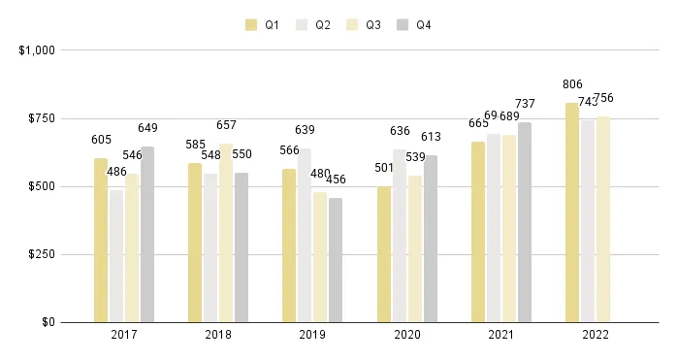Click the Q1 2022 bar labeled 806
572,213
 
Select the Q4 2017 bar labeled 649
147,234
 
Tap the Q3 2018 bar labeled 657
226,233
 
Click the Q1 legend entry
262,25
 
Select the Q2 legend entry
312,25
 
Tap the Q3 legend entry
363,25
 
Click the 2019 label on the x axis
312,335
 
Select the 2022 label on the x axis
596,335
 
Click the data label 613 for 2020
431,137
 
